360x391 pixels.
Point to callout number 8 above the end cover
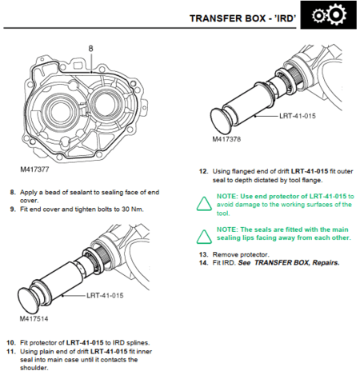pyautogui.click(x=90, y=49)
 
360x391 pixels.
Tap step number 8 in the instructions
pyautogui.click(x=12, y=192)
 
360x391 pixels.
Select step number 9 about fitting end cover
pyautogui.click(x=12, y=209)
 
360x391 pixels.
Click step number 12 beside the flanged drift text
pyautogui.click(x=203, y=170)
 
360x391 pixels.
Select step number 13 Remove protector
pyautogui.click(x=203, y=253)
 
